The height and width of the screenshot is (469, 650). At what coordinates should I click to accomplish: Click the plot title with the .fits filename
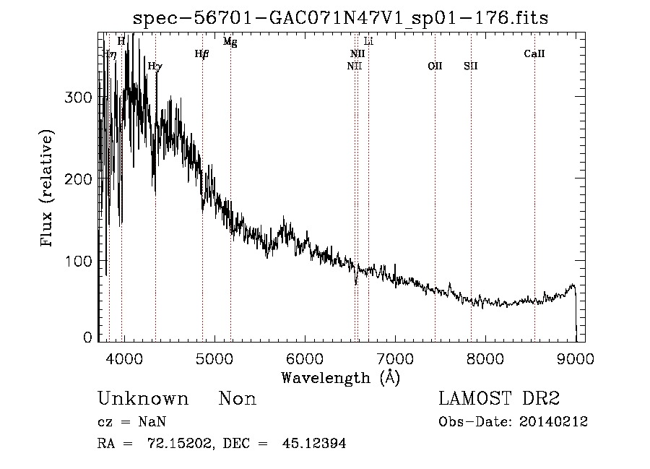click(x=341, y=19)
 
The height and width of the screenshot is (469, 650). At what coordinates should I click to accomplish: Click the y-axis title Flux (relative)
click(x=48, y=189)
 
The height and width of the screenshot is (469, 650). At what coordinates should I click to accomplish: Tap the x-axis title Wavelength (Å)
click(x=340, y=377)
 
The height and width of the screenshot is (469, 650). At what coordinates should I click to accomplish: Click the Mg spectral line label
click(x=230, y=42)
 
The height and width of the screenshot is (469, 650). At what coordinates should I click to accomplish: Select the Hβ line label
click(x=201, y=53)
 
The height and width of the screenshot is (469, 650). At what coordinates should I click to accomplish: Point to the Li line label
click(x=368, y=42)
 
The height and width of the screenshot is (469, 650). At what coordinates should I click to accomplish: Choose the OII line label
click(x=435, y=66)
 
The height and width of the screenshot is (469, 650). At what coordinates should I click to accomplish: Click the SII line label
click(x=471, y=66)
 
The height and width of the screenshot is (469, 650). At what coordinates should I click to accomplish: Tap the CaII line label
click(x=534, y=53)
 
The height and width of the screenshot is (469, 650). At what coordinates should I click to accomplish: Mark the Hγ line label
click(x=155, y=66)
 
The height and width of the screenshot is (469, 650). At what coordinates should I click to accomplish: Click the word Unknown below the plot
click(x=143, y=399)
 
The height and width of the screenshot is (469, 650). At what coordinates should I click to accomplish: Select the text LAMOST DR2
click(x=499, y=399)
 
